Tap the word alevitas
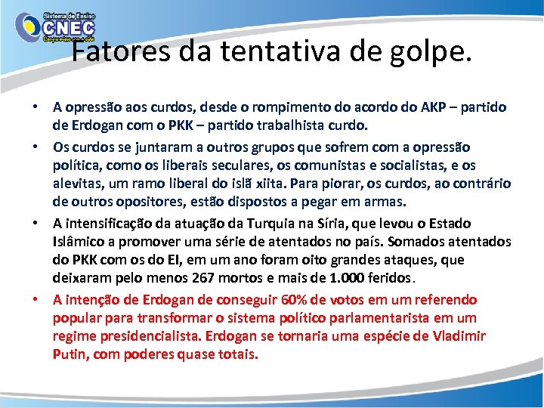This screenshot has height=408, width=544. (x=78, y=184)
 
